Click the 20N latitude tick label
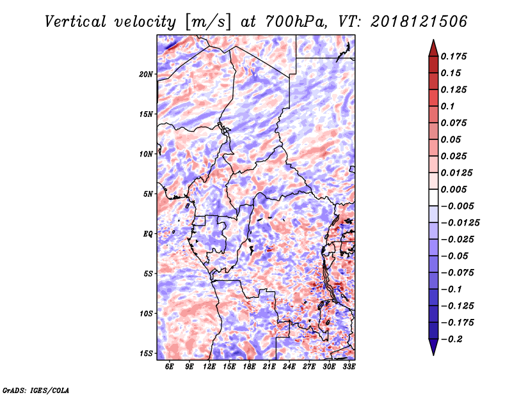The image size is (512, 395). [146, 74]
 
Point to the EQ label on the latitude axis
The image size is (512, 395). [148, 233]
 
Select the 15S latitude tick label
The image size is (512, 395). [146, 353]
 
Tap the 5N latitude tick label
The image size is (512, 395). [148, 194]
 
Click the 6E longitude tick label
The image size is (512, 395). [169, 366]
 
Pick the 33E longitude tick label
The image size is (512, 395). [349, 366]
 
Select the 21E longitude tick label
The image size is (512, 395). [269, 366]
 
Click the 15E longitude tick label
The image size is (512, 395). [229, 366]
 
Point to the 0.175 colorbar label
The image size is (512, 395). [454, 56]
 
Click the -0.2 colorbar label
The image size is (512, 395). [452, 339]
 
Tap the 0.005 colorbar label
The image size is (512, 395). [454, 189]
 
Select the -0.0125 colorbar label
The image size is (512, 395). [460, 223]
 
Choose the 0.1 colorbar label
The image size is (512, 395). [447, 106]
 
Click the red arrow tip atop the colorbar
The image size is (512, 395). [433, 40]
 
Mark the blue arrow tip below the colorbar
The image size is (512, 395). [433, 355]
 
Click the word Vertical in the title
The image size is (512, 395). [76, 22]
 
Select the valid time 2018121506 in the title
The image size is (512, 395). [419, 22]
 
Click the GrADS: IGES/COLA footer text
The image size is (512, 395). [36, 390]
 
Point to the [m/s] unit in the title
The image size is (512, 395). [208, 22]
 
